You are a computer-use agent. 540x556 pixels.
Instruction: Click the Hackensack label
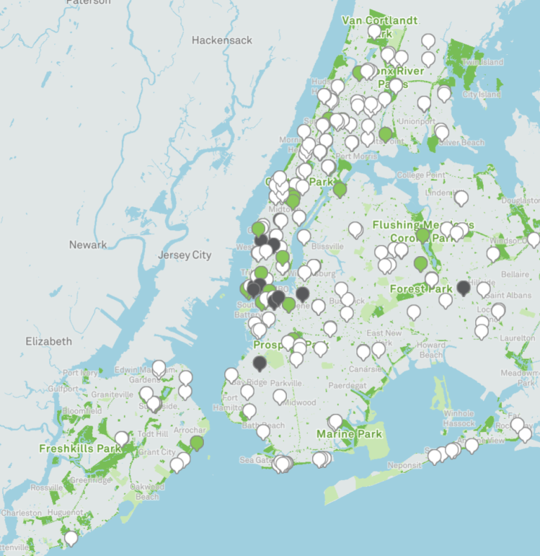point(221,40)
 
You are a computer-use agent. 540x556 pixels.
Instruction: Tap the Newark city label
point(88,245)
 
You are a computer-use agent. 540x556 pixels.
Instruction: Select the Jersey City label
point(185,255)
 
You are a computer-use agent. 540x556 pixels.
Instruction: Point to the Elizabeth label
point(49,341)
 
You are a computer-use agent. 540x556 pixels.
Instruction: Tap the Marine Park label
point(349,434)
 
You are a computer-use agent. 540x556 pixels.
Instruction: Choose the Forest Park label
point(422,289)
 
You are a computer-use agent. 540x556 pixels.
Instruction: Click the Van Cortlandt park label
point(380,20)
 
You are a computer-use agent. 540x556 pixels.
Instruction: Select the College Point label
point(420,175)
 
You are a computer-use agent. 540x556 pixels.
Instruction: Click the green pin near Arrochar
point(197,442)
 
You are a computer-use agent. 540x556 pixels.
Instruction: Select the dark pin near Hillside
point(463,286)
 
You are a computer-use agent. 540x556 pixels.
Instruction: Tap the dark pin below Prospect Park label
point(260,362)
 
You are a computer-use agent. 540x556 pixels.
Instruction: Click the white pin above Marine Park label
point(335,420)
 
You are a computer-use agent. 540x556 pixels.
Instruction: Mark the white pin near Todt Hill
point(122,438)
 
